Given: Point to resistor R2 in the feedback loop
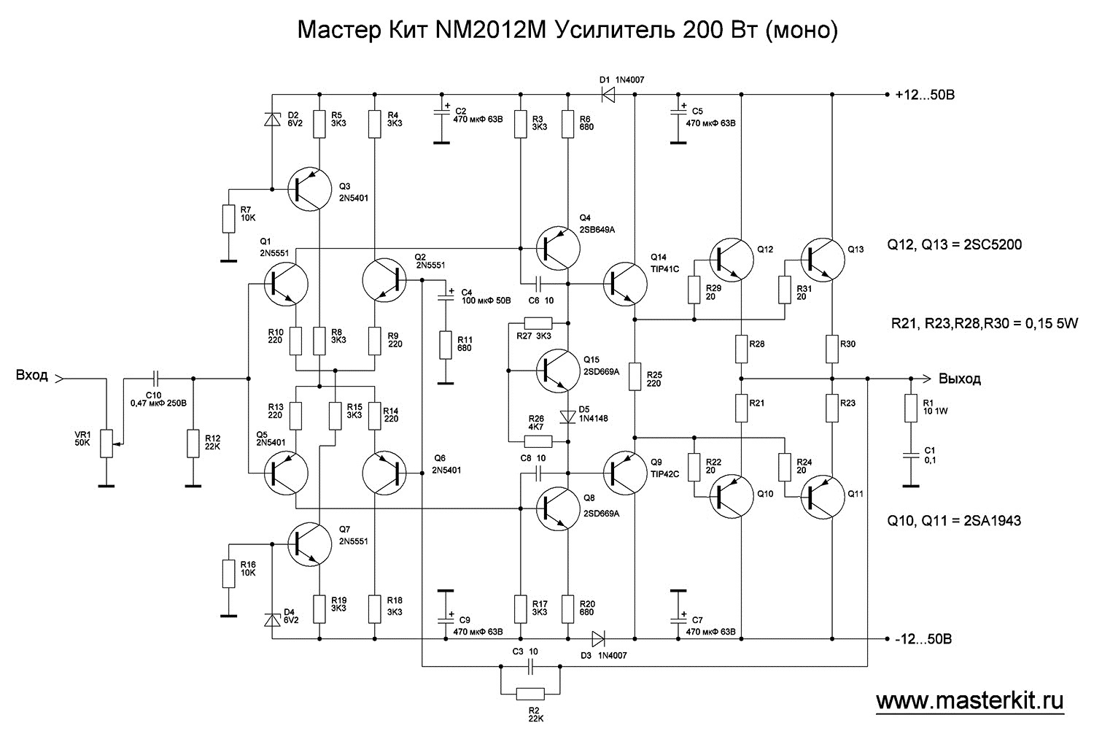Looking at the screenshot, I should click(x=530, y=693).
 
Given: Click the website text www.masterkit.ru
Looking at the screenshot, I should click(x=969, y=701).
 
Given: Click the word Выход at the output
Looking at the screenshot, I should click(x=960, y=379).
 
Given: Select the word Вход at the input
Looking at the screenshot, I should click(x=32, y=376).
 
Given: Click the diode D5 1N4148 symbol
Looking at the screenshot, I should click(x=567, y=417).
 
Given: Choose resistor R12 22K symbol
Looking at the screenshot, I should click(x=193, y=444).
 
